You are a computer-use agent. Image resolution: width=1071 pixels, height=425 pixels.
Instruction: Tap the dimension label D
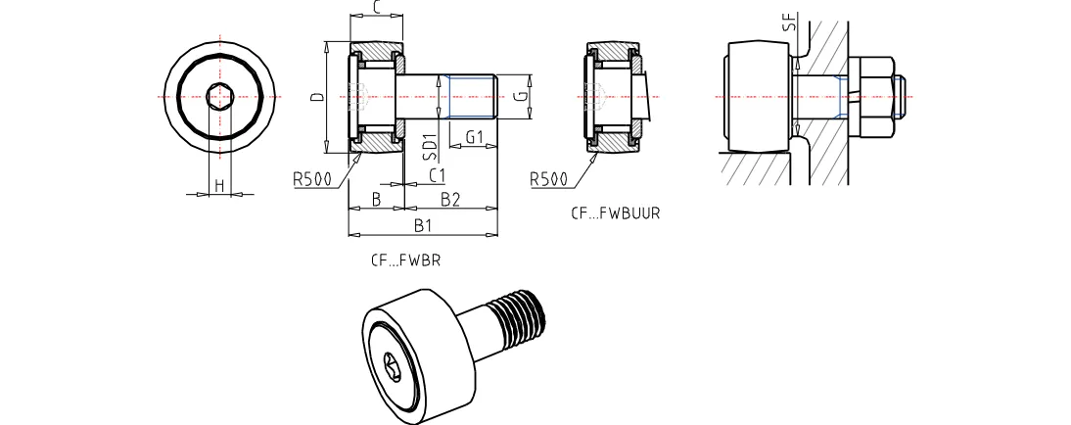(315, 98)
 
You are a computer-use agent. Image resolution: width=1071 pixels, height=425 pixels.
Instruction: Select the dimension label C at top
(377, 8)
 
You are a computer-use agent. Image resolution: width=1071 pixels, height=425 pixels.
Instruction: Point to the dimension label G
(524, 96)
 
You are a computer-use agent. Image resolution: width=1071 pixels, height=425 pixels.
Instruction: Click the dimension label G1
(475, 137)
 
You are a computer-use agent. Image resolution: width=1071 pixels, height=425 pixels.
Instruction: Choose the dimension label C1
(438, 175)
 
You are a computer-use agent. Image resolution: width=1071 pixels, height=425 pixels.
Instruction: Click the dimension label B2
(450, 200)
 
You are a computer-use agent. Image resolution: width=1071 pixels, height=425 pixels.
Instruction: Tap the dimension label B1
(423, 226)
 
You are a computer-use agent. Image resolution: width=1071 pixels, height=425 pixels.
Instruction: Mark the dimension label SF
(789, 23)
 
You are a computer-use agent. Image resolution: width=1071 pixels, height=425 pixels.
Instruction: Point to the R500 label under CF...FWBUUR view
(548, 179)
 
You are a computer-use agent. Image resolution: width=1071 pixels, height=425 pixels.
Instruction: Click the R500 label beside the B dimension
(310, 179)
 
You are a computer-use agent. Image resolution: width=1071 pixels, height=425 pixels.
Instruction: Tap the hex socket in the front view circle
(220, 97)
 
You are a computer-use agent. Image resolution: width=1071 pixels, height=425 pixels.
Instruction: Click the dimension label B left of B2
(376, 200)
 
